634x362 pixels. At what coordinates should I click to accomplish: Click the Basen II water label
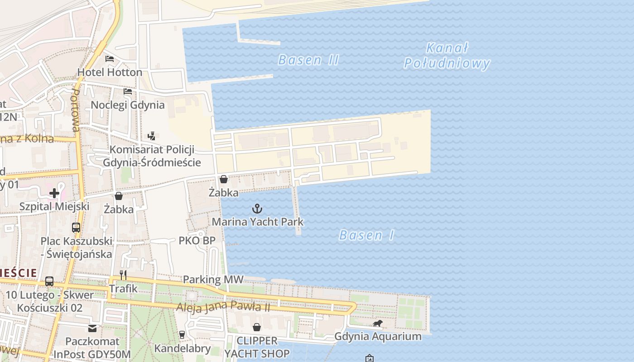[308, 60]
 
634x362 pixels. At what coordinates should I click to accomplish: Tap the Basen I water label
[366, 235]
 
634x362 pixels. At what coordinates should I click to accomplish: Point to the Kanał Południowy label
[447, 56]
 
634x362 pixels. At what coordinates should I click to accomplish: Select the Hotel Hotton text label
[110, 72]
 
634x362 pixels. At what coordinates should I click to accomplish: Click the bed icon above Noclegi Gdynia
[128, 91]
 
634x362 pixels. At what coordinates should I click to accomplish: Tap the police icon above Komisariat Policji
[151, 136]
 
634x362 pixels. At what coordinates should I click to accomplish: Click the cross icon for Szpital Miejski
[54, 193]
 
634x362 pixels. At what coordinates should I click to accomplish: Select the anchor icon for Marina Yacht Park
[257, 209]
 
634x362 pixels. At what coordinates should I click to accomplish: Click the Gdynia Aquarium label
[378, 336]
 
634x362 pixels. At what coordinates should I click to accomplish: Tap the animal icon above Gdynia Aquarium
[378, 323]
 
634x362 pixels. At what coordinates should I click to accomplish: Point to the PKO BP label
[197, 240]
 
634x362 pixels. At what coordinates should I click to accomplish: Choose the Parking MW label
[213, 280]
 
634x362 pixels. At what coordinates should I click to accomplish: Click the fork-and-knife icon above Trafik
[123, 275]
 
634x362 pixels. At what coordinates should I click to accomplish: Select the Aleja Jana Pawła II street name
[223, 307]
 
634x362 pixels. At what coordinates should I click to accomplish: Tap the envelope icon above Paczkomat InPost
[92, 328]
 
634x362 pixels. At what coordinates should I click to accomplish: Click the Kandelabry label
[183, 348]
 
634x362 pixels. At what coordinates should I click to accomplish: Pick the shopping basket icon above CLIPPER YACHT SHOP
[257, 327]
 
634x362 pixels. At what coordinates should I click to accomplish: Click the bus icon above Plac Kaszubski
[76, 227]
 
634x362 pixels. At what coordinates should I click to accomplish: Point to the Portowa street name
[76, 110]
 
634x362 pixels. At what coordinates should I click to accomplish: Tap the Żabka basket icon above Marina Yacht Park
[223, 179]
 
